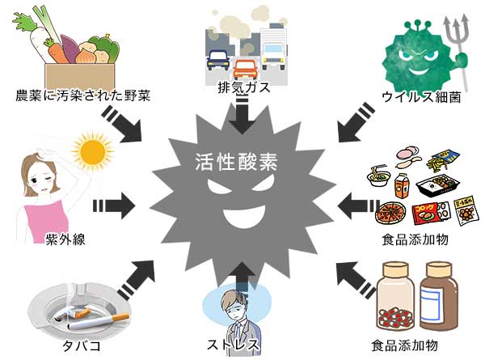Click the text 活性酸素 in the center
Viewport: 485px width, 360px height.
tap(236, 160)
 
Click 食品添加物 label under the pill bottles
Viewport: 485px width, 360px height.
tap(417, 343)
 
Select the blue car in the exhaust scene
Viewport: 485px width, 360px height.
tap(219, 60)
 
